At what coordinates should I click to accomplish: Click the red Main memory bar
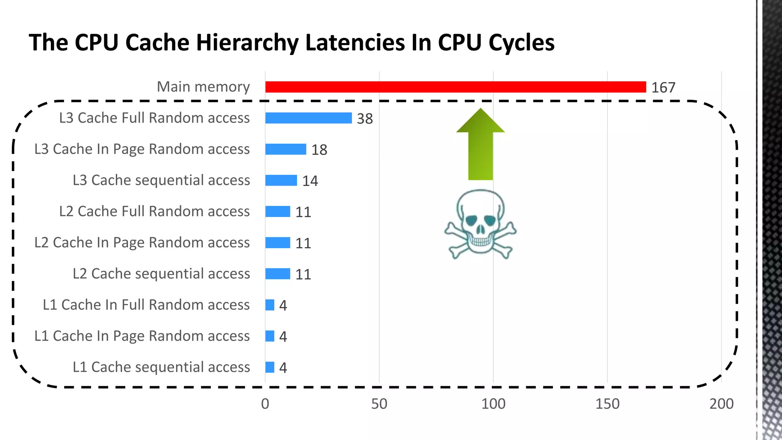[x=455, y=87]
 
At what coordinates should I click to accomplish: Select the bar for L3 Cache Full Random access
[x=309, y=118]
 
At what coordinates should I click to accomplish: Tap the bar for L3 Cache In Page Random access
[x=286, y=149]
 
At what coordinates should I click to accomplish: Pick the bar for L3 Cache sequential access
[x=281, y=180]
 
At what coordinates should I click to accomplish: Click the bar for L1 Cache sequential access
[x=270, y=367]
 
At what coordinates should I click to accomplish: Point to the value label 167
[x=663, y=88]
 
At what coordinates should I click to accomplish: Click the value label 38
[x=365, y=119]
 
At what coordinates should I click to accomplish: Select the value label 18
[x=319, y=150]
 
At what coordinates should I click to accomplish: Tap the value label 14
[x=310, y=181]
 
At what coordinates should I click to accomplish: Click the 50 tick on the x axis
[x=379, y=404]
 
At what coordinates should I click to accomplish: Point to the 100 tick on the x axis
[x=493, y=404]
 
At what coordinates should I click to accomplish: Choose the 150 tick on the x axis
[x=607, y=404]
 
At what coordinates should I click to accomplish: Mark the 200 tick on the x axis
[x=721, y=404]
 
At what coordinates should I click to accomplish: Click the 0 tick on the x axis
[x=265, y=404]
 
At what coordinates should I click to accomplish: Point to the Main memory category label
[x=203, y=87]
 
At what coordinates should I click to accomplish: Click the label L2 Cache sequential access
[x=161, y=274]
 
